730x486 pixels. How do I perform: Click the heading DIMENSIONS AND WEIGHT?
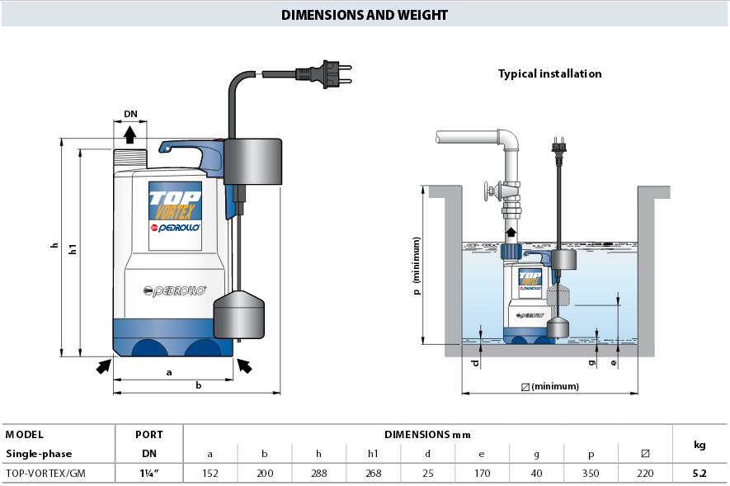(x=365, y=15)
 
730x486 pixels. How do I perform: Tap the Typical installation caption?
(x=549, y=73)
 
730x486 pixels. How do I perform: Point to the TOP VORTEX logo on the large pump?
(x=175, y=201)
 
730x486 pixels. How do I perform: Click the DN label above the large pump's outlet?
(x=130, y=114)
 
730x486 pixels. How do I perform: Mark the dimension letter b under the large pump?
(x=199, y=385)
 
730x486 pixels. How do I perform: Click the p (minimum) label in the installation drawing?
(x=417, y=267)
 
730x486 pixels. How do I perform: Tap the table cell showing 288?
(x=319, y=473)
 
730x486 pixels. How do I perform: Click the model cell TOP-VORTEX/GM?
(x=45, y=473)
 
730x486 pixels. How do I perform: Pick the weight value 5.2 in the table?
(x=699, y=473)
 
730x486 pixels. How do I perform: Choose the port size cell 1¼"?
(x=148, y=473)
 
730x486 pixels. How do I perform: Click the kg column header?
(x=699, y=444)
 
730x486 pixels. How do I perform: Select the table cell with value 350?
(x=591, y=473)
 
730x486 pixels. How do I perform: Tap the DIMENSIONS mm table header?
(x=427, y=434)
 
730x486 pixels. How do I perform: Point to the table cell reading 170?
(x=483, y=473)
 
